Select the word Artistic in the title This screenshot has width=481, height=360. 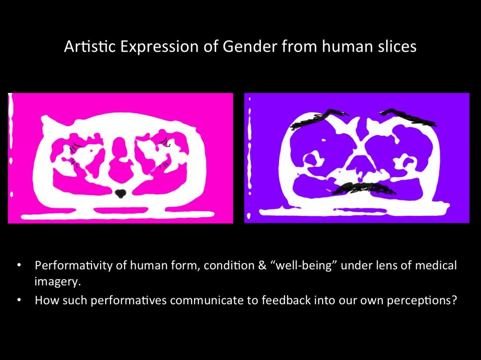coord(86,47)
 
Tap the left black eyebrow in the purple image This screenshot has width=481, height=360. coord(318,120)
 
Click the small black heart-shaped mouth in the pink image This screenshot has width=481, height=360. coord(121,192)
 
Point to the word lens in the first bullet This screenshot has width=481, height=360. coord(379,266)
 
